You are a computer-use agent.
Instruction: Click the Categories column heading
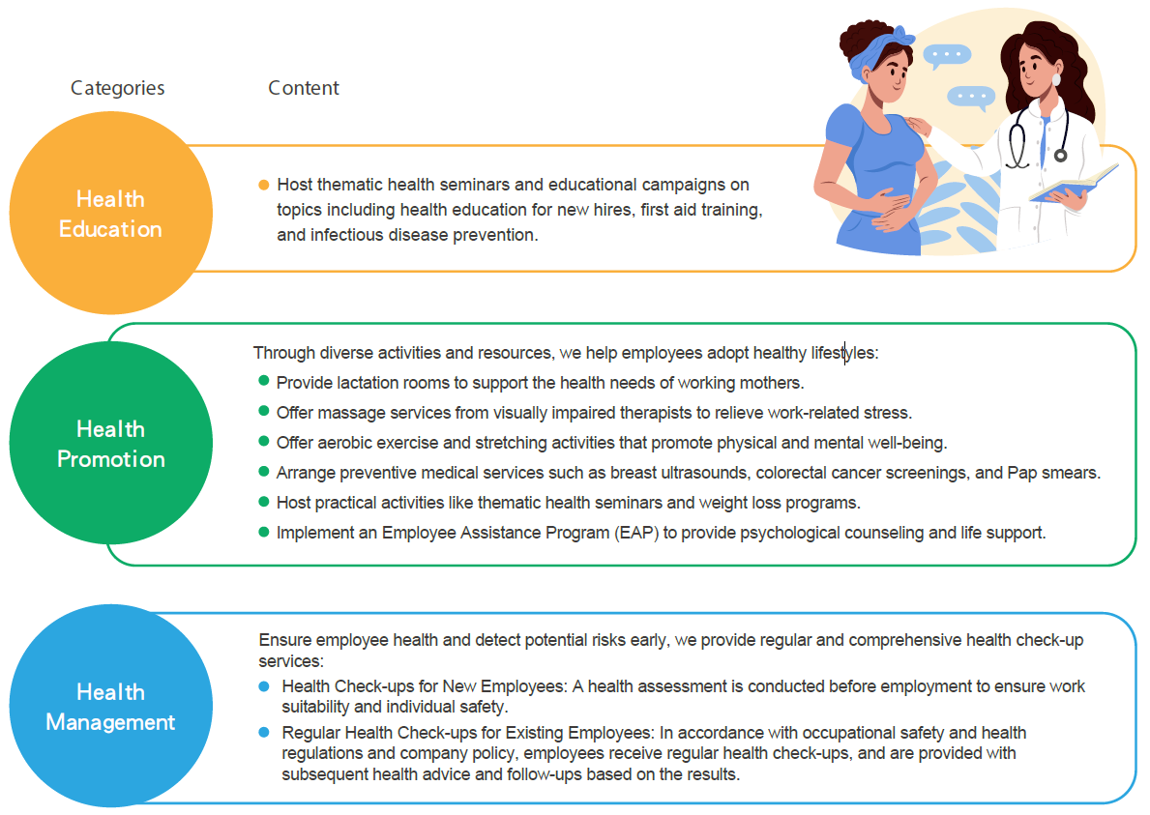pos(117,89)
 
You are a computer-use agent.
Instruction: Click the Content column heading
pos(304,88)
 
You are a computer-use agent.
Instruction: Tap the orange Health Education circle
pos(111,214)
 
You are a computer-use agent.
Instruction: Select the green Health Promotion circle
pos(111,443)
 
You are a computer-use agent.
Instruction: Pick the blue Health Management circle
pos(111,706)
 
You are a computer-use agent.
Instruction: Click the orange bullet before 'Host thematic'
pos(264,185)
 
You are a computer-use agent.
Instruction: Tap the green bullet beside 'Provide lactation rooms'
pos(264,380)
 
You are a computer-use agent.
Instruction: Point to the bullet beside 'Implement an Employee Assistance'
pos(264,532)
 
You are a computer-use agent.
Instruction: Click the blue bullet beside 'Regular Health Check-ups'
pos(264,732)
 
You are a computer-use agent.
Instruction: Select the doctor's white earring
pos(1056,79)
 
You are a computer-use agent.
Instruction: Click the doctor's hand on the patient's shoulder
pos(918,126)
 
